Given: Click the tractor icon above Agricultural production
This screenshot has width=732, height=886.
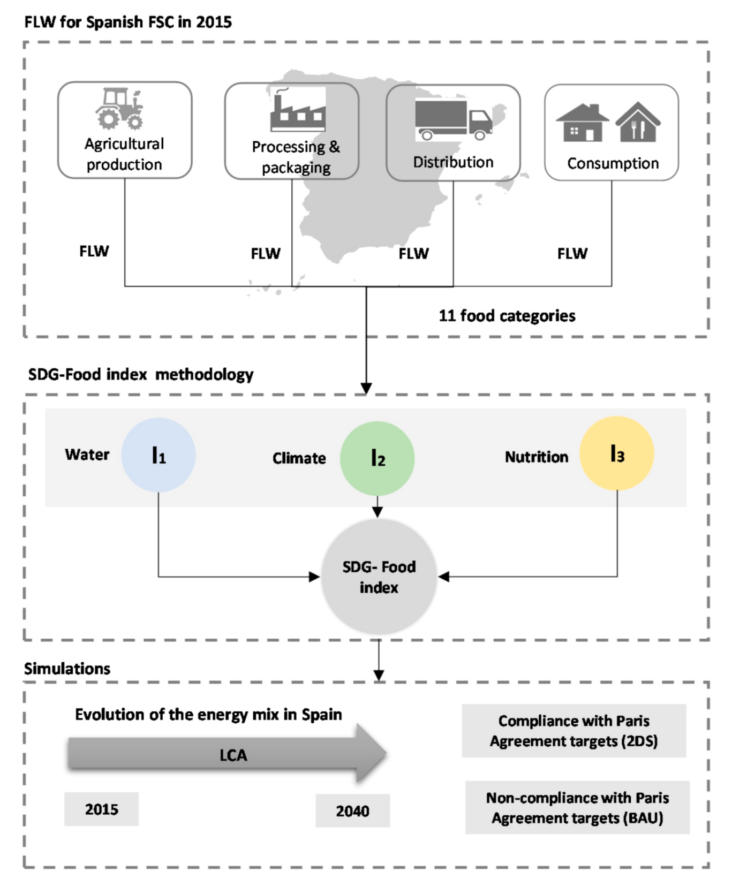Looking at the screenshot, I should (x=120, y=109).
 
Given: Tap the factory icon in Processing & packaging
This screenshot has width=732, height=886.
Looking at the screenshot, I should (x=298, y=110).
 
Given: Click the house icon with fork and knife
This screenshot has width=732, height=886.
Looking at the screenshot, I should (x=637, y=123).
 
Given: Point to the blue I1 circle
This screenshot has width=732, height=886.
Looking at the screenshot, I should (x=158, y=455).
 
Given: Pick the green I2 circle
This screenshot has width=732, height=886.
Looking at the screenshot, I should (x=377, y=458).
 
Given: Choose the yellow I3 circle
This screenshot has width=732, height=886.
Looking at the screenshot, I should (x=616, y=454).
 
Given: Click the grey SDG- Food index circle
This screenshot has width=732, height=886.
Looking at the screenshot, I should (x=379, y=577).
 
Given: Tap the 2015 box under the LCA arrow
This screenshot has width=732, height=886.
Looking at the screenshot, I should (x=101, y=809).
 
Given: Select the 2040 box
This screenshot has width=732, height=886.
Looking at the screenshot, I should (x=352, y=811).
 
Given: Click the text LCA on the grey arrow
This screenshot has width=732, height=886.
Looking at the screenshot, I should (x=233, y=755).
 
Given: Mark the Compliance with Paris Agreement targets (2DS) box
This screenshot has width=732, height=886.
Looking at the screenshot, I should (x=573, y=731).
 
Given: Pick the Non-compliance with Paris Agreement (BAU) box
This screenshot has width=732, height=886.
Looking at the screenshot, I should (x=577, y=807).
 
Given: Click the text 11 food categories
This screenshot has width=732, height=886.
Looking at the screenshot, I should (x=507, y=316).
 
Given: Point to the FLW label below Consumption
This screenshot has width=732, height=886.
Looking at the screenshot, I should (x=572, y=253).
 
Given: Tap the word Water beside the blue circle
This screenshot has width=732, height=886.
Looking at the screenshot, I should (x=87, y=455).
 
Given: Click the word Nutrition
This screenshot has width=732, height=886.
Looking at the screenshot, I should (x=536, y=457).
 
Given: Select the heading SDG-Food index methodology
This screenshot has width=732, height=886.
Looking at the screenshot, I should (x=141, y=374).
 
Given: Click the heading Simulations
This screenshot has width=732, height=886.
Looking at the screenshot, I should (x=67, y=668).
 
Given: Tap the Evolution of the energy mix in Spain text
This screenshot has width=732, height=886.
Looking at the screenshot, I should (x=208, y=714).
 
